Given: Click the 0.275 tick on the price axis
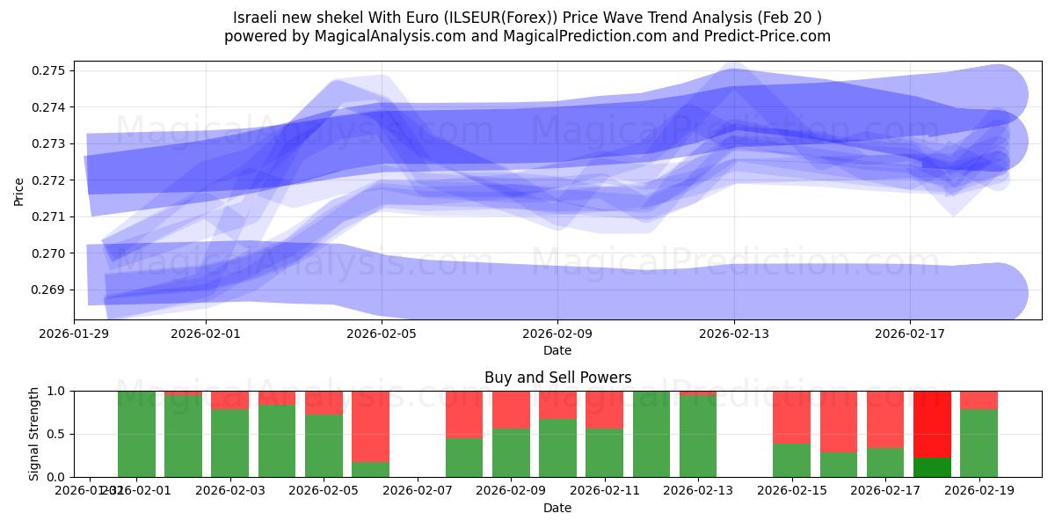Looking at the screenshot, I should [52, 70].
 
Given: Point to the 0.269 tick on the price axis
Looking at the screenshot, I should [52, 290].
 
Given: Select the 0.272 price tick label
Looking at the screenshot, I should [52, 180].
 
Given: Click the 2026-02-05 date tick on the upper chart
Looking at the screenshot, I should [382, 334].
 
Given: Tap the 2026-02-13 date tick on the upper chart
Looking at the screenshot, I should [734, 334].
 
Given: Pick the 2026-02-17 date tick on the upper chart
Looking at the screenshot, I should [910, 334].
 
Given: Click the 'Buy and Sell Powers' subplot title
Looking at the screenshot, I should [557, 378].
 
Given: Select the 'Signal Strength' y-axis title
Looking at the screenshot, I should [33, 434].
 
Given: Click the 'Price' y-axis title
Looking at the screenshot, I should [19, 191].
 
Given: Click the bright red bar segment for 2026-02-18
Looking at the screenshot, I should [932, 423].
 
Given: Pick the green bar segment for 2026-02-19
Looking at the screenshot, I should [979, 444].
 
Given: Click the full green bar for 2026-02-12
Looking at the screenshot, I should [651, 434].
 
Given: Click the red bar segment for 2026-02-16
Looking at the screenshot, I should [839, 422].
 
